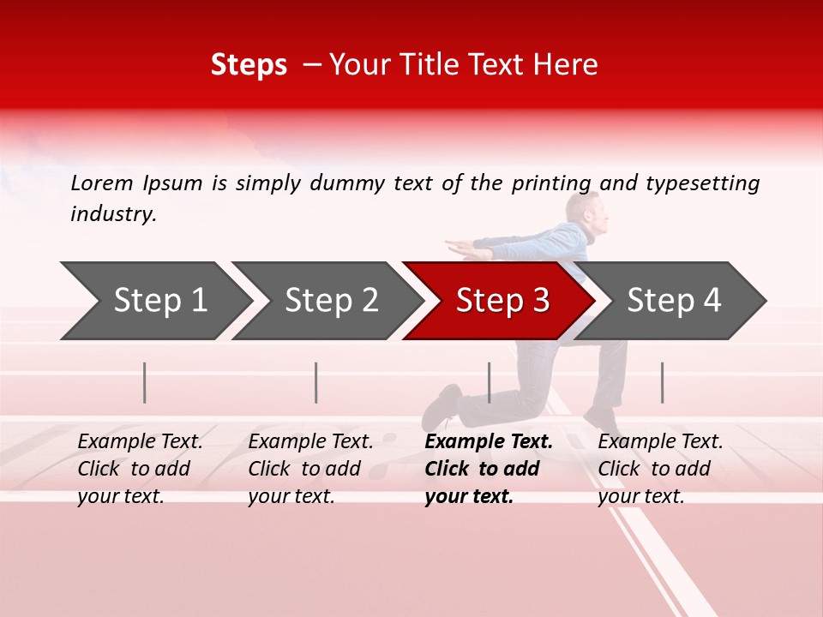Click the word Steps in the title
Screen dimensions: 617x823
tap(249, 65)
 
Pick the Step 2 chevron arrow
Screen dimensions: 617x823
tap(330, 301)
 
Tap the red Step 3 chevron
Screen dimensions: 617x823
tap(502, 301)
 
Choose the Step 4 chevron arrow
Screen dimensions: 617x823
tap(674, 301)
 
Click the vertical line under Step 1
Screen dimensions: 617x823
tap(145, 382)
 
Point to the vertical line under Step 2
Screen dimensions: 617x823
tap(316, 382)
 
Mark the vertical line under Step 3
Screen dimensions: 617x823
tap(489, 382)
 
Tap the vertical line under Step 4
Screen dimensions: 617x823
tap(662, 382)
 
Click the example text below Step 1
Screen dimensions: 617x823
tap(140, 469)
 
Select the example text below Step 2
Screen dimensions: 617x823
tap(310, 469)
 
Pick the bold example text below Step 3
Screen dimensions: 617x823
tap(488, 469)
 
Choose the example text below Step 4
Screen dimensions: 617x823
tap(660, 469)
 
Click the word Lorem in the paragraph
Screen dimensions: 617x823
tap(102, 183)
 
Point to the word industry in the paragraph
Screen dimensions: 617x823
tap(112, 214)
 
